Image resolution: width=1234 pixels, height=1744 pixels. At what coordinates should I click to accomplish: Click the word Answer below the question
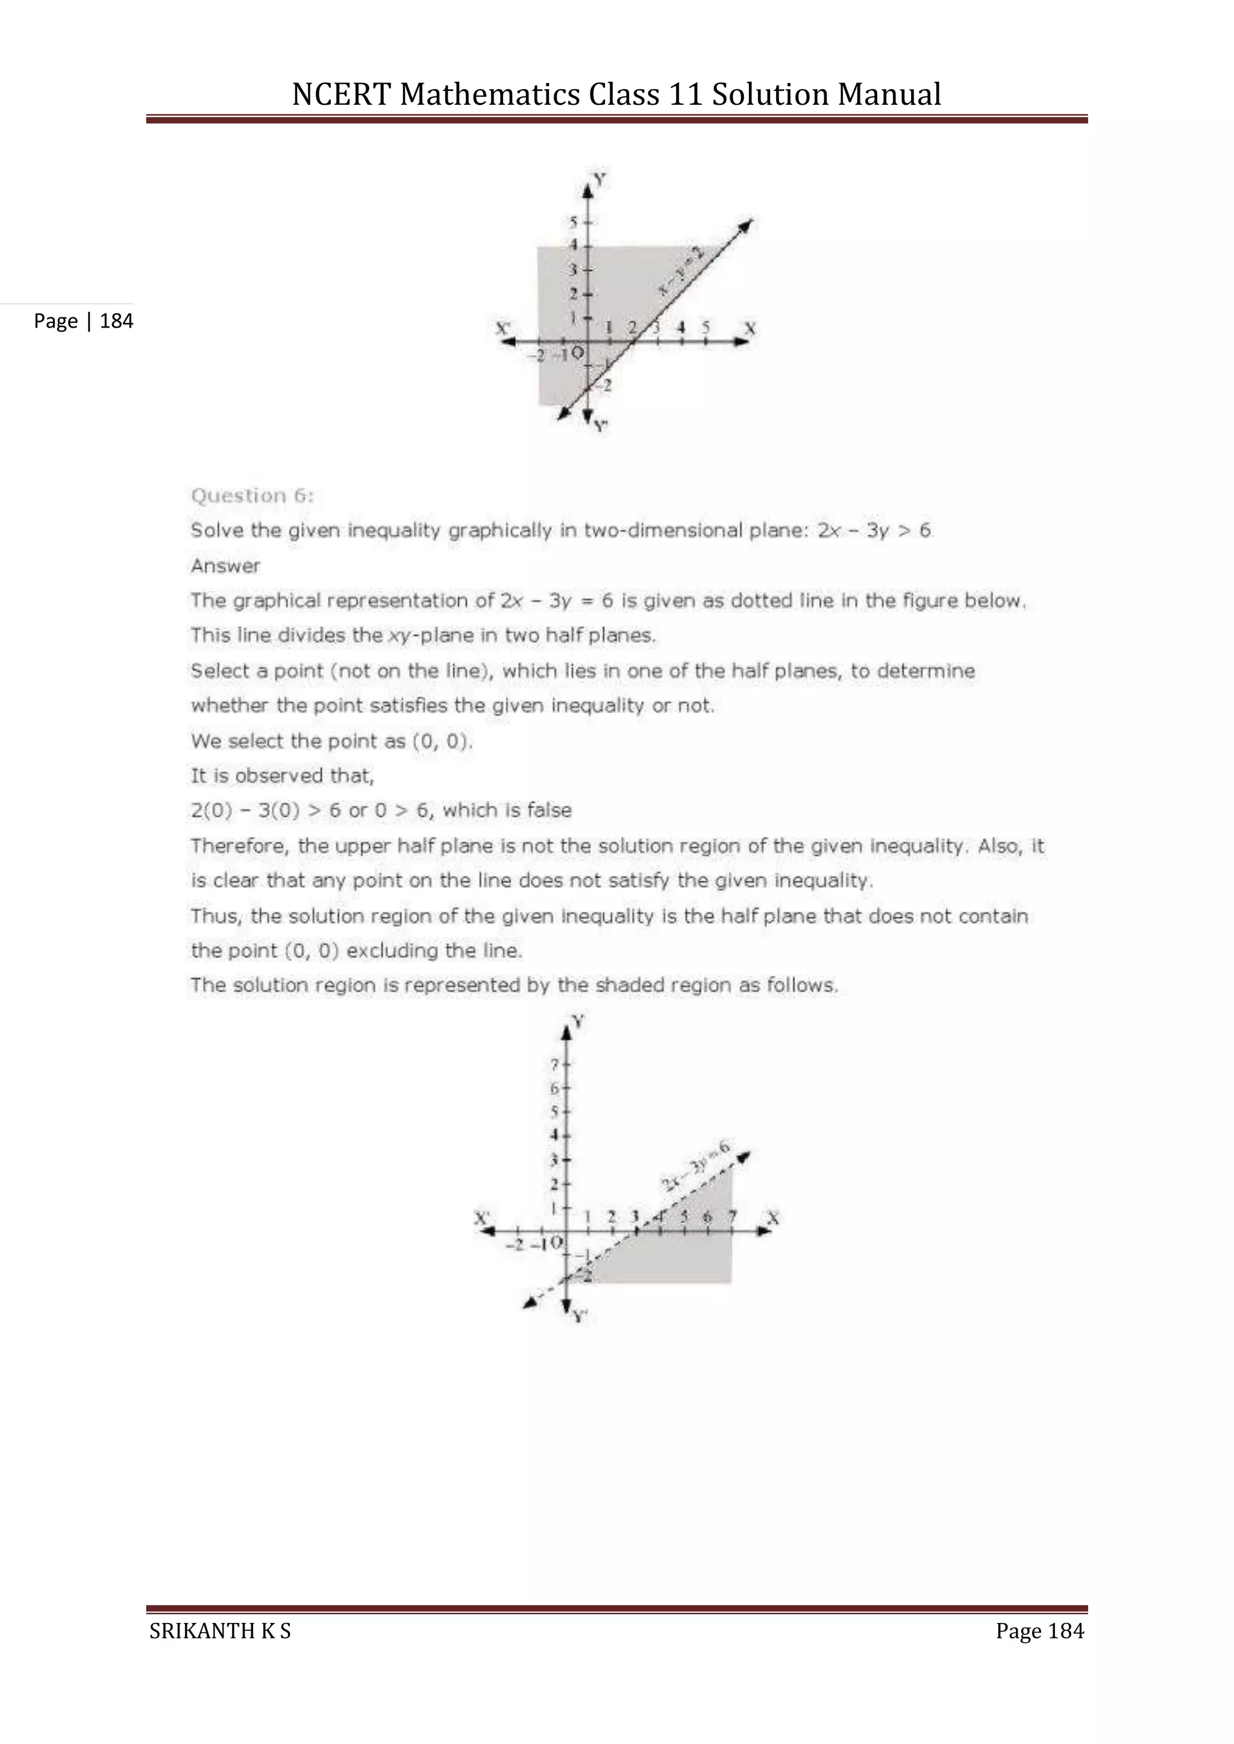pos(225,566)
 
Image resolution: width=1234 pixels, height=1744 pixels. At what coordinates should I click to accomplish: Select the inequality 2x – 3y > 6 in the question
pos(874,530)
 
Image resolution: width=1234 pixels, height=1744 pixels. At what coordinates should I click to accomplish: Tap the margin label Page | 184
pos(84,322)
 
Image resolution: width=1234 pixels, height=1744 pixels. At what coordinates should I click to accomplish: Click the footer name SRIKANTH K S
pos(221,1631)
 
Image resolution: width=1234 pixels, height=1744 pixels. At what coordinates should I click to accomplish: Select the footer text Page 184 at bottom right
pos(1039,1631)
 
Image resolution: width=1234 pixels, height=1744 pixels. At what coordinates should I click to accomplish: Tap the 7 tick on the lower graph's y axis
pos(556,1064)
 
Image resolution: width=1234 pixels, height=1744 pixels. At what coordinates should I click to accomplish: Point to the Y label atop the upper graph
pos(600,180)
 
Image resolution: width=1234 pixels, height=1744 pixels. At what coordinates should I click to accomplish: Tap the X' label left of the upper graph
pos(503,328)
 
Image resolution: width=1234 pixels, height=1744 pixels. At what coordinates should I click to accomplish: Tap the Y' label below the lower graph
pos(580,1316)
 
